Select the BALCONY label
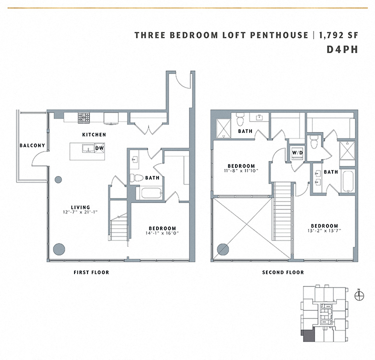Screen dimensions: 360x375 32,146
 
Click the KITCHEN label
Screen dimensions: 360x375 94,135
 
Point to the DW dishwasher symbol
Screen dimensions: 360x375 99,148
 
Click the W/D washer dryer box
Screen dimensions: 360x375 297,153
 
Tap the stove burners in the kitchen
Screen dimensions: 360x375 83,117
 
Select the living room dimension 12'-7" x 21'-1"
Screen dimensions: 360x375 80,212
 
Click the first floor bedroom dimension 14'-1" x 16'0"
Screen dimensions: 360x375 159,232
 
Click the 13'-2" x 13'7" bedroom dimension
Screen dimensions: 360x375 323,231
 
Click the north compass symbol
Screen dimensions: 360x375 358,295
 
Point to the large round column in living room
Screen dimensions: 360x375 59,248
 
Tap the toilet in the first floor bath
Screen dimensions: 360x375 135,177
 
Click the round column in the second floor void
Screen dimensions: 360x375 223,248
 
